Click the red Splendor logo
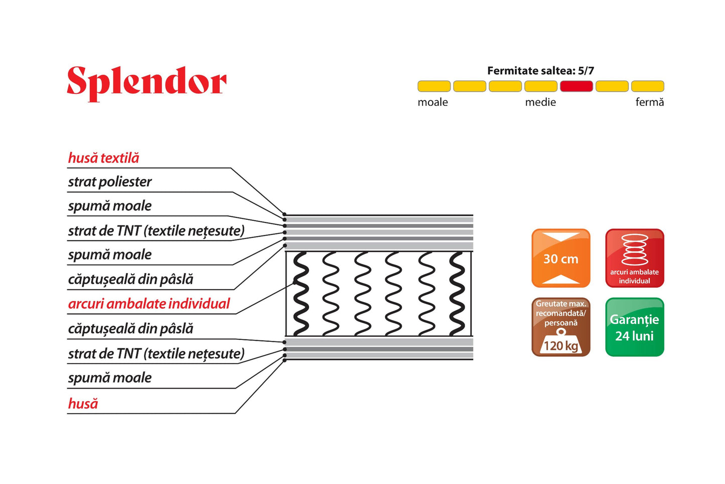tap(147, 83)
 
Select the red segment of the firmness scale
tap(576, 86)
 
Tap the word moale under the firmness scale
tap(432, 102)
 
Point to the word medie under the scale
tap(540, 102)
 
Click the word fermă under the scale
tap(649, 102)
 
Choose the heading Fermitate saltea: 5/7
tap(540, 71)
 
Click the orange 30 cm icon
tap(560, 258)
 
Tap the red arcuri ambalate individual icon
tap(634, 258)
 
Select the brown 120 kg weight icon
tap(560, 327)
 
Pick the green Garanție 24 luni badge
tap(634, 327)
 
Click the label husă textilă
tap(103, 158)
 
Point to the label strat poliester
tap(109, 182)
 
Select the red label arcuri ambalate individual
tap(149, 304)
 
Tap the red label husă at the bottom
tap(83, 404)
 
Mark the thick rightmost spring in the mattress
tap(457, 294)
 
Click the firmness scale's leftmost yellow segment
tap(433, 86)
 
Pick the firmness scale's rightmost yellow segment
tap(647, 86)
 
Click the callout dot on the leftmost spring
tap(296, 284)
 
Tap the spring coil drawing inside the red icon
tap(634, 249)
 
